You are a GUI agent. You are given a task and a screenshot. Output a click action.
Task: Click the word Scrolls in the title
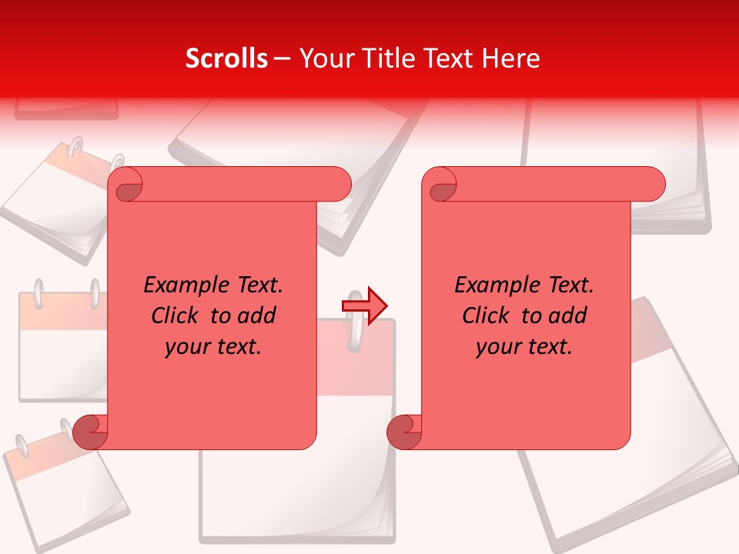click(x=226, y=58)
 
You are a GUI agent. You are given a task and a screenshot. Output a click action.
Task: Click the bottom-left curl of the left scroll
click(x=90, y=432)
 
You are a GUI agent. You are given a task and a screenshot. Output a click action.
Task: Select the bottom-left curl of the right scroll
click(x=404, y=432)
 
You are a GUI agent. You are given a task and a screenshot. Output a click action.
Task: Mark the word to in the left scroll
click(x=220, y=315)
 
